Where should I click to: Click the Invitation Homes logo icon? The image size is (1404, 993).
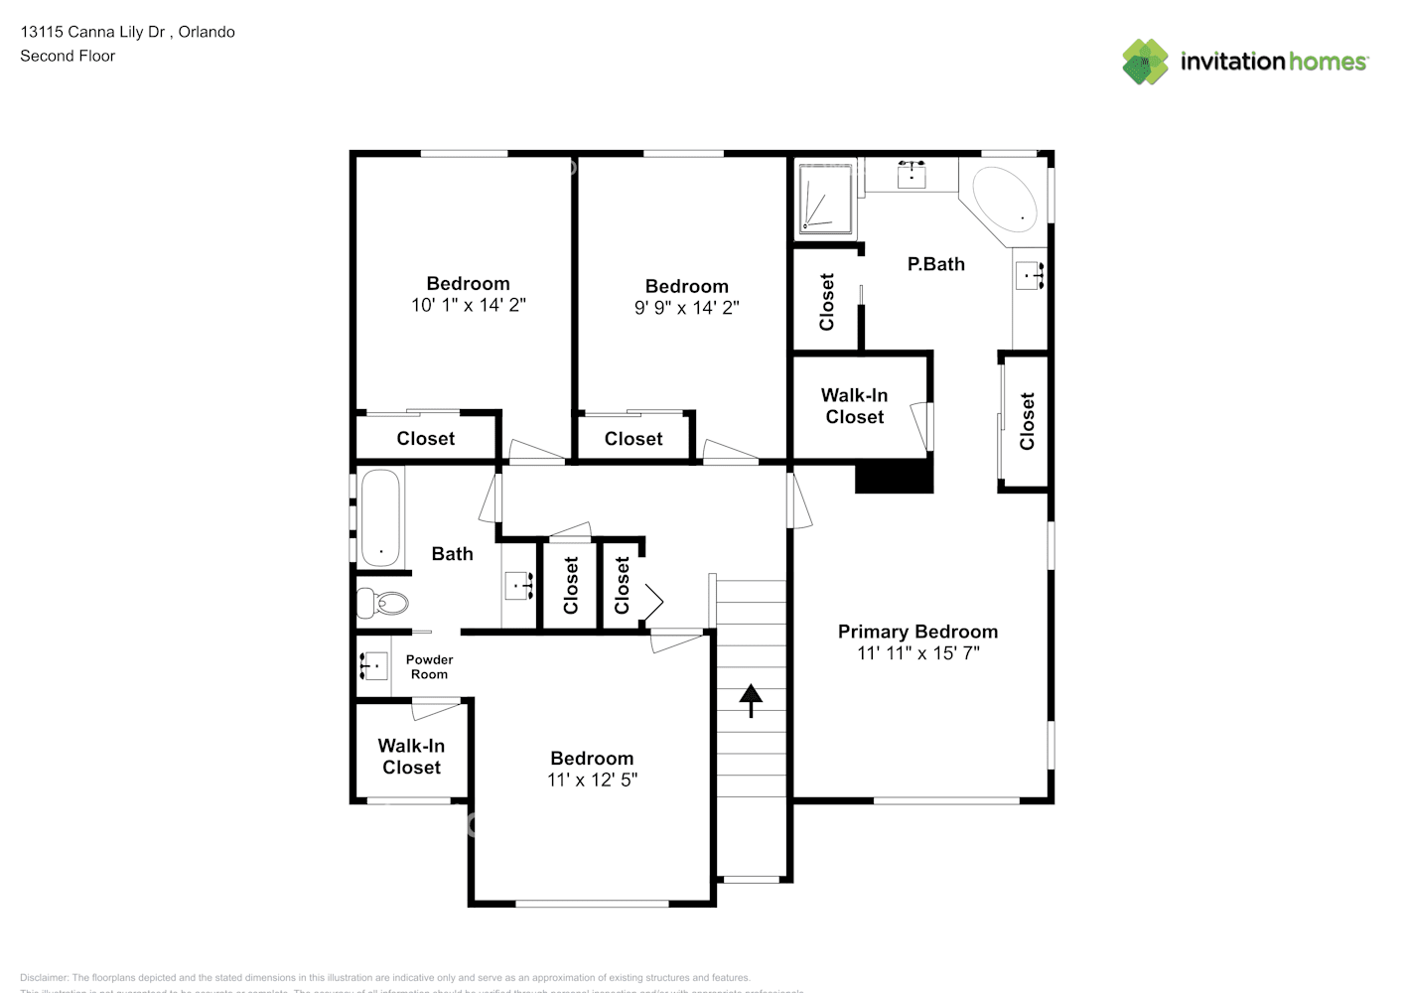coord(1145,62)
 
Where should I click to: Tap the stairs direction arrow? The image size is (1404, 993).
coord(751,700)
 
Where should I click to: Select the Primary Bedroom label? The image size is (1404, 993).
coord(917,632)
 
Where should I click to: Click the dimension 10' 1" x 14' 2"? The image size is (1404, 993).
coord(468,306)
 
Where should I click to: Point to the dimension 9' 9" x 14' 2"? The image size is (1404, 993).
coord(686,308)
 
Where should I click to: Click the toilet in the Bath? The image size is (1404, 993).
coord(382,603)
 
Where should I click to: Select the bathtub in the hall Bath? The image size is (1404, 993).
coord(380,517)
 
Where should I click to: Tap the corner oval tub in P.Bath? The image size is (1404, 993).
coord(1004,200)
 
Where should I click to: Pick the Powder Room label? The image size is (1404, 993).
coord(429,666)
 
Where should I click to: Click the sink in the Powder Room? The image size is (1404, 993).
coord(373,665)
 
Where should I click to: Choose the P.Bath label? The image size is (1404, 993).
coord(935,264)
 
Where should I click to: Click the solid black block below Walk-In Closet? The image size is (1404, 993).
coord(894,477)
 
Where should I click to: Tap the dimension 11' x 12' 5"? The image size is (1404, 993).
coord(592,780)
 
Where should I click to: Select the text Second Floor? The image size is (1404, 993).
coord(68,56)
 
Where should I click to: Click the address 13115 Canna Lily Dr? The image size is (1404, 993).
coord(92,32)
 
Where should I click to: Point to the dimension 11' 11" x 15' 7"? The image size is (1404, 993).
coord(917,653)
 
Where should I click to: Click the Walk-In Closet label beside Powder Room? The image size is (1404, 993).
coord(411,757)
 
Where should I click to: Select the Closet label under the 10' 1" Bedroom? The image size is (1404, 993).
coord(425,439)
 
